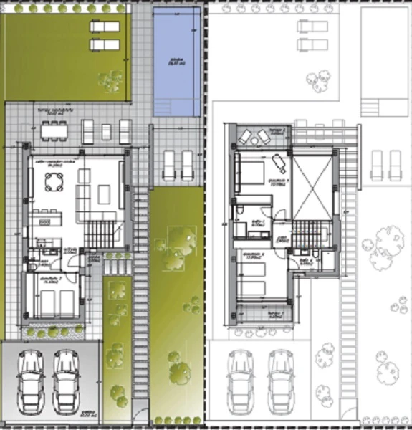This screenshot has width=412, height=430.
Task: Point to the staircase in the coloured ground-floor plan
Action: tap(100, 231)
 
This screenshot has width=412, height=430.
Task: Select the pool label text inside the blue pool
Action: tap(174, 62)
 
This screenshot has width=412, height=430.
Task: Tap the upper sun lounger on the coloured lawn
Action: tap(105, 26)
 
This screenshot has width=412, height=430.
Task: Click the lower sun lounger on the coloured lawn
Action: tap(105, 44)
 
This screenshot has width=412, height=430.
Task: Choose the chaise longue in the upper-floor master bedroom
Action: tap(276, 159)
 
